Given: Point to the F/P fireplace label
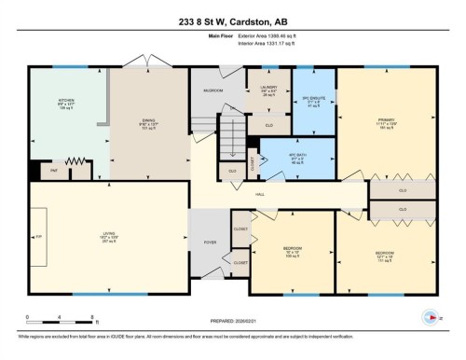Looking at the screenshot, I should coord(39,238).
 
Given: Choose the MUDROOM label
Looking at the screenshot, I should coord(212,90).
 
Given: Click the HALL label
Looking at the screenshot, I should coord(260,193).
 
